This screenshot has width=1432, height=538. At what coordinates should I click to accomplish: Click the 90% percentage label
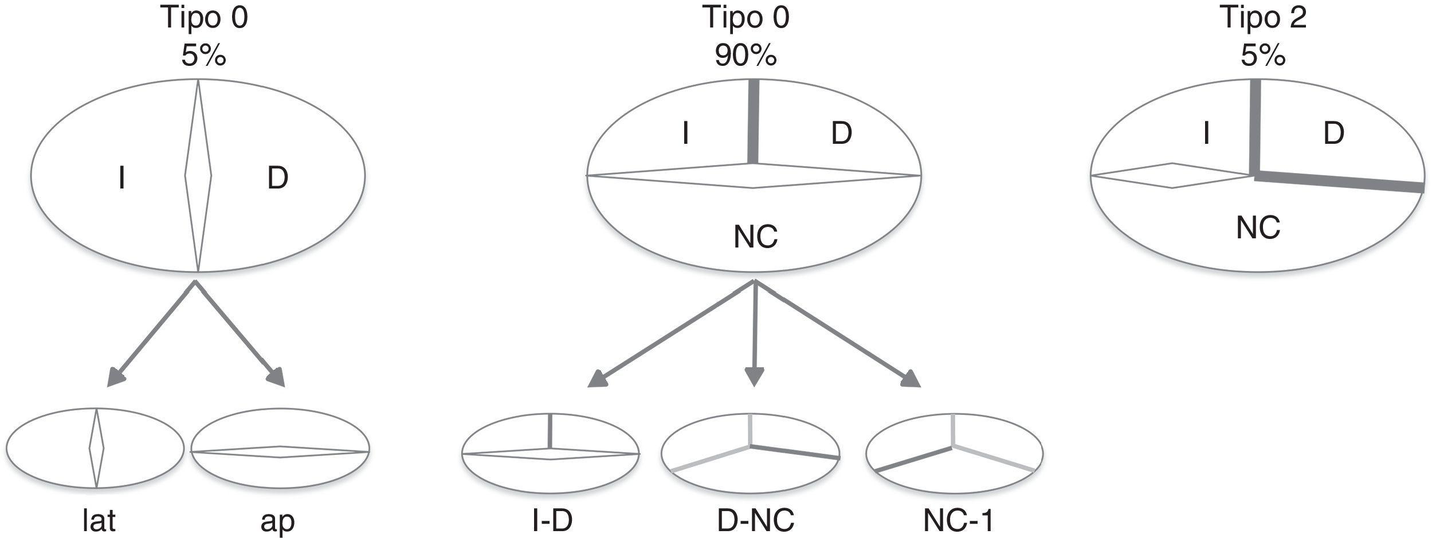pos(746,56)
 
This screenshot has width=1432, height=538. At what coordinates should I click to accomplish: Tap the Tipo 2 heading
pos(1264,18)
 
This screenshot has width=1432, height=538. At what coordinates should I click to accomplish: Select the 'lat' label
pos(99,521)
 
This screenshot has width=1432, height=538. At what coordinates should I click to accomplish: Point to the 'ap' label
pos(277,521)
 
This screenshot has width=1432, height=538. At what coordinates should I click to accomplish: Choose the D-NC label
pos(756,521)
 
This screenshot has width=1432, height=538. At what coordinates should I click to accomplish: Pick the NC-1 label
pos(959,521)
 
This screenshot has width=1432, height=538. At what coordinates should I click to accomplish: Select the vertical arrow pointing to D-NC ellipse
pos(755,332)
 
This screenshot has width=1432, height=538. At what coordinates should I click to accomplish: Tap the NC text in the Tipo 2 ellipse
pos(1258,228)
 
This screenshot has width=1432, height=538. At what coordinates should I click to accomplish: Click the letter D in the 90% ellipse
pos(841,133)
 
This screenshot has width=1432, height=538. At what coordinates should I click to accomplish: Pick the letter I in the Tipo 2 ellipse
pos(1206,133)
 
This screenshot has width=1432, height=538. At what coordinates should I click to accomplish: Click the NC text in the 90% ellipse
pos(755,237)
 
